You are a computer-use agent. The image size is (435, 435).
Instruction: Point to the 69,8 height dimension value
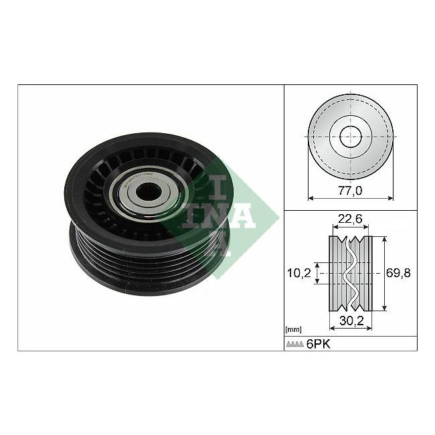400,272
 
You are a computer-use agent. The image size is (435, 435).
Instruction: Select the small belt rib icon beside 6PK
296,345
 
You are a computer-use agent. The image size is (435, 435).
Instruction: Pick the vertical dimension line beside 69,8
384,273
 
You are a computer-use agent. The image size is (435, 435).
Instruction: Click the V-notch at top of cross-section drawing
349,240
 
